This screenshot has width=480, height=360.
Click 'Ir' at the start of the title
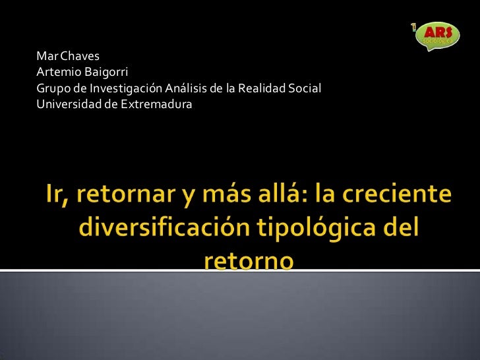point(54,196)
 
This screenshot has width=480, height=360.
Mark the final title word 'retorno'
point(247,261)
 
